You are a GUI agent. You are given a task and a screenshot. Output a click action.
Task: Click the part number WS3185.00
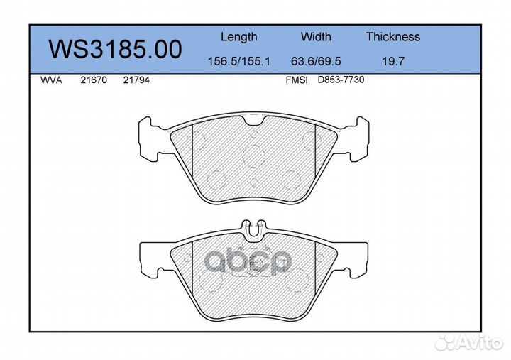(x=115, y=49)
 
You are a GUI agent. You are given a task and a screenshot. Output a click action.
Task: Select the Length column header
(x=239, y=37)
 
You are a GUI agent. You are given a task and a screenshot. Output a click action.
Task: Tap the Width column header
(x=316, y=36)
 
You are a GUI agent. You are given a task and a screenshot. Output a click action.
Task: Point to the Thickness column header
(x=393, y=36)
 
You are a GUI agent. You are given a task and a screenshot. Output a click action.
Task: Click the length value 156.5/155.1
(x=239, y=61)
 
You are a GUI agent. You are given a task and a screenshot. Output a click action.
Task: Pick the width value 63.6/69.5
(x=316, y=61)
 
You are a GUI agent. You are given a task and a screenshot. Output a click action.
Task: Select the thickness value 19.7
(x=393, y=61)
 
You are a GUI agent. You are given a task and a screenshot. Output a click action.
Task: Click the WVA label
(x=51, y=80)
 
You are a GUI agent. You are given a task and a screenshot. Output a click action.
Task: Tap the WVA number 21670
(x=94, y=80)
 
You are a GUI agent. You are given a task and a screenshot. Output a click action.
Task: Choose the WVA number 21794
(x=136, y=80)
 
